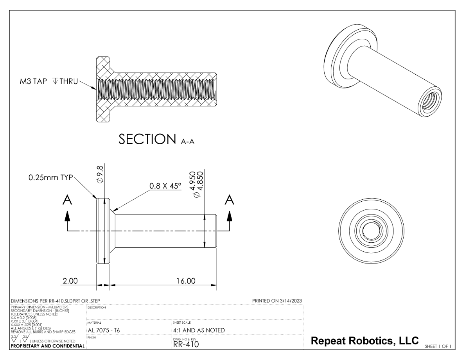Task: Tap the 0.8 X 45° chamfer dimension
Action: [166, 186]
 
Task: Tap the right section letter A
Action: [230, 200]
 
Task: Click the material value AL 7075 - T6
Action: [105, 330]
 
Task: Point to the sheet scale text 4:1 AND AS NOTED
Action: [199, 330]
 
